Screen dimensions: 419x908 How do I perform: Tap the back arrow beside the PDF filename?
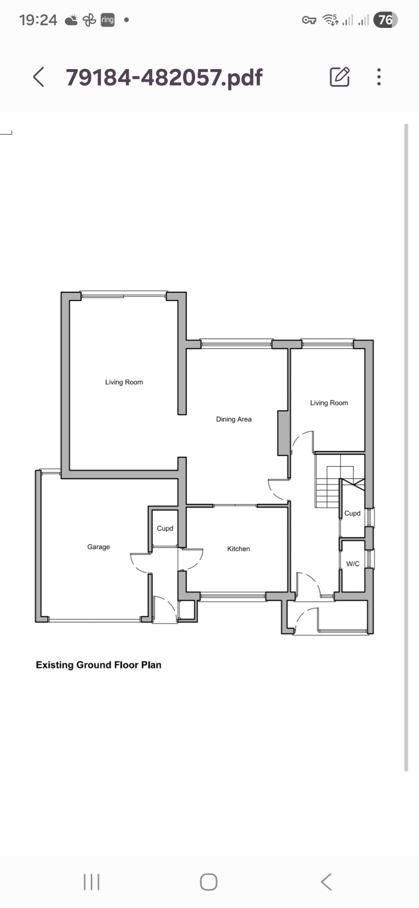tap(39, 77)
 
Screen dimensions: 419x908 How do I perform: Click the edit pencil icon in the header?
tap(340, 77)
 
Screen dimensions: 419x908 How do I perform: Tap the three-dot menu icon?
tap(379, 77)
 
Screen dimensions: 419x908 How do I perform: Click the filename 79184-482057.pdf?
tap(164, 78)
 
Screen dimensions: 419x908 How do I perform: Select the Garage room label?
tap(98, 547)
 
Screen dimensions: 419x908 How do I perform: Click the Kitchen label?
tap(239, 548)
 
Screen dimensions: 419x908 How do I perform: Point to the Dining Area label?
tap(234, 419)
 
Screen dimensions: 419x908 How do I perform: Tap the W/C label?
tap(353, 564)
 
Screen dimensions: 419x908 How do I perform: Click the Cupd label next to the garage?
tap(165, 528)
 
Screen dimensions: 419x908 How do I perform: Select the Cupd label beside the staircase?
tap(352, 513)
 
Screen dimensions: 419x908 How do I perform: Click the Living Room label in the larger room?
tap(124, 382)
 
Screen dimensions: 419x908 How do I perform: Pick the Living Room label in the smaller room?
tap(329, 403)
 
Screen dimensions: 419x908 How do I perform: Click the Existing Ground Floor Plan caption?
tap(98, 665)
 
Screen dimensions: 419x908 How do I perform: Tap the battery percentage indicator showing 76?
tap(385, 20)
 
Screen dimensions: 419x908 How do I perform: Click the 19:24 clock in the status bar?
tap(38, 20)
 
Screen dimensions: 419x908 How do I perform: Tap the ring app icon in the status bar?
tap(108, 20)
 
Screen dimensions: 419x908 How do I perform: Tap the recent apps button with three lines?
tap(92, 882)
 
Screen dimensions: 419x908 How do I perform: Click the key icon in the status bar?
tap(309, 20)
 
